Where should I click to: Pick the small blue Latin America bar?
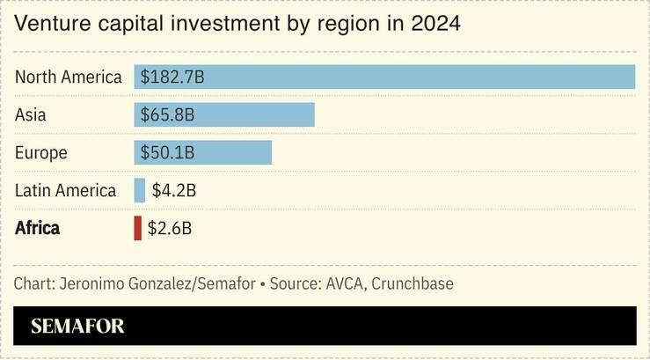[139, 190]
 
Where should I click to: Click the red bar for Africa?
[137, 228]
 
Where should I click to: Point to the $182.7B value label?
[172, 77]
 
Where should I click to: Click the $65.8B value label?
[167, 114]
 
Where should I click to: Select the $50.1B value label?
[167, 152]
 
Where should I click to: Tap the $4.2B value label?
[173, 190]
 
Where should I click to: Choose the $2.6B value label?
[170, 228]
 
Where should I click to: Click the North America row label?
[69, 77]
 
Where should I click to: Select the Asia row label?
[31, 114]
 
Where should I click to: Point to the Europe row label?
[41, 152]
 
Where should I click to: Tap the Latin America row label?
[66, 190]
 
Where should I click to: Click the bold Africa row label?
[38, 228]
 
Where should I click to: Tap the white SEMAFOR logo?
[77, 327]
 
